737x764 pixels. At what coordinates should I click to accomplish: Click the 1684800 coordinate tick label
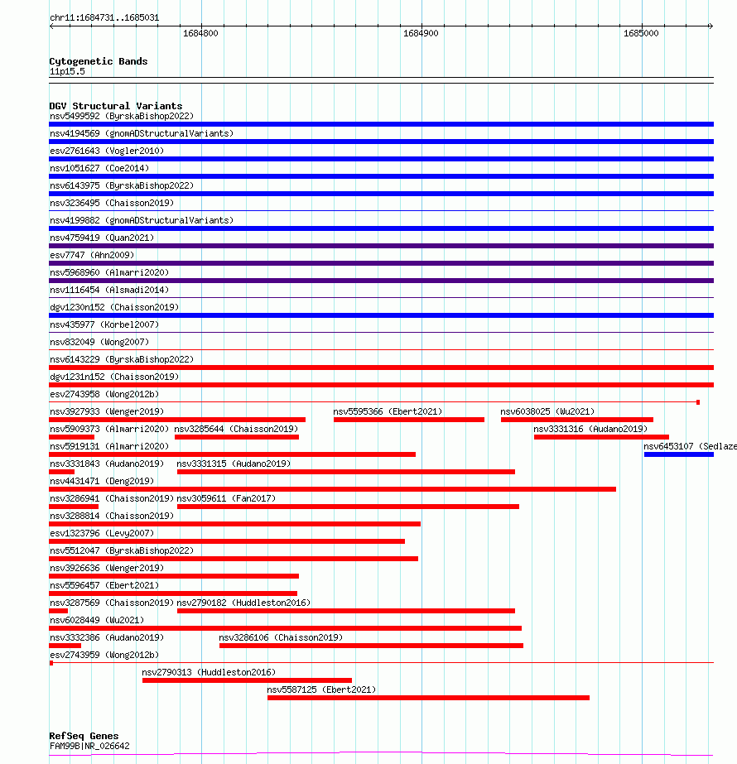[x=200, y=33]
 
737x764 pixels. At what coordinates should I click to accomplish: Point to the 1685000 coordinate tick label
[x=641, y=33]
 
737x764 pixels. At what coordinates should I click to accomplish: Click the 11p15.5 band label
[x=66, y=71]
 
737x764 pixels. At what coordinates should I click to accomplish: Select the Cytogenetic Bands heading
[x=98, y=61]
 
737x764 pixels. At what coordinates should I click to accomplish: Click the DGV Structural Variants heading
[x=115, y=106]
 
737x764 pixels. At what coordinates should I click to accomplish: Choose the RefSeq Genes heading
[x=84, y=736]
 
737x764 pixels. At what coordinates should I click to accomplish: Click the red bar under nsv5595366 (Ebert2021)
[x=408, y=420]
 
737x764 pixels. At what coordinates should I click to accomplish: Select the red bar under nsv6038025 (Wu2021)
[x=576, y=420]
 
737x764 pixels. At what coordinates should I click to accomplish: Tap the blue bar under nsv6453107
[x=678, y=454]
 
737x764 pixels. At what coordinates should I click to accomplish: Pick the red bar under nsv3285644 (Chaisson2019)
[x=236, y=437]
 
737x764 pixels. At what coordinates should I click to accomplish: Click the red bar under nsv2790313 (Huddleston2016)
[x=247, y=680]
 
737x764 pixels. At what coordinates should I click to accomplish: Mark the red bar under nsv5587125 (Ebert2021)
[x=428, y=698]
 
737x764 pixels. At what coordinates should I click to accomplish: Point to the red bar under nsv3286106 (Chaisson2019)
[x=371, y=646]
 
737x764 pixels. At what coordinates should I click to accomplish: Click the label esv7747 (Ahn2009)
[x=91, y=255]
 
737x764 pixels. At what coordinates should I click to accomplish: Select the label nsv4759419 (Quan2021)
[x=102, y=238]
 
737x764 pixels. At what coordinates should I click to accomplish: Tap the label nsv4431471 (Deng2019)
[x=102, y=481]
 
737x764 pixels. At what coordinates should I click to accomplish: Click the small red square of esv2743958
[x=698, y=402]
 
